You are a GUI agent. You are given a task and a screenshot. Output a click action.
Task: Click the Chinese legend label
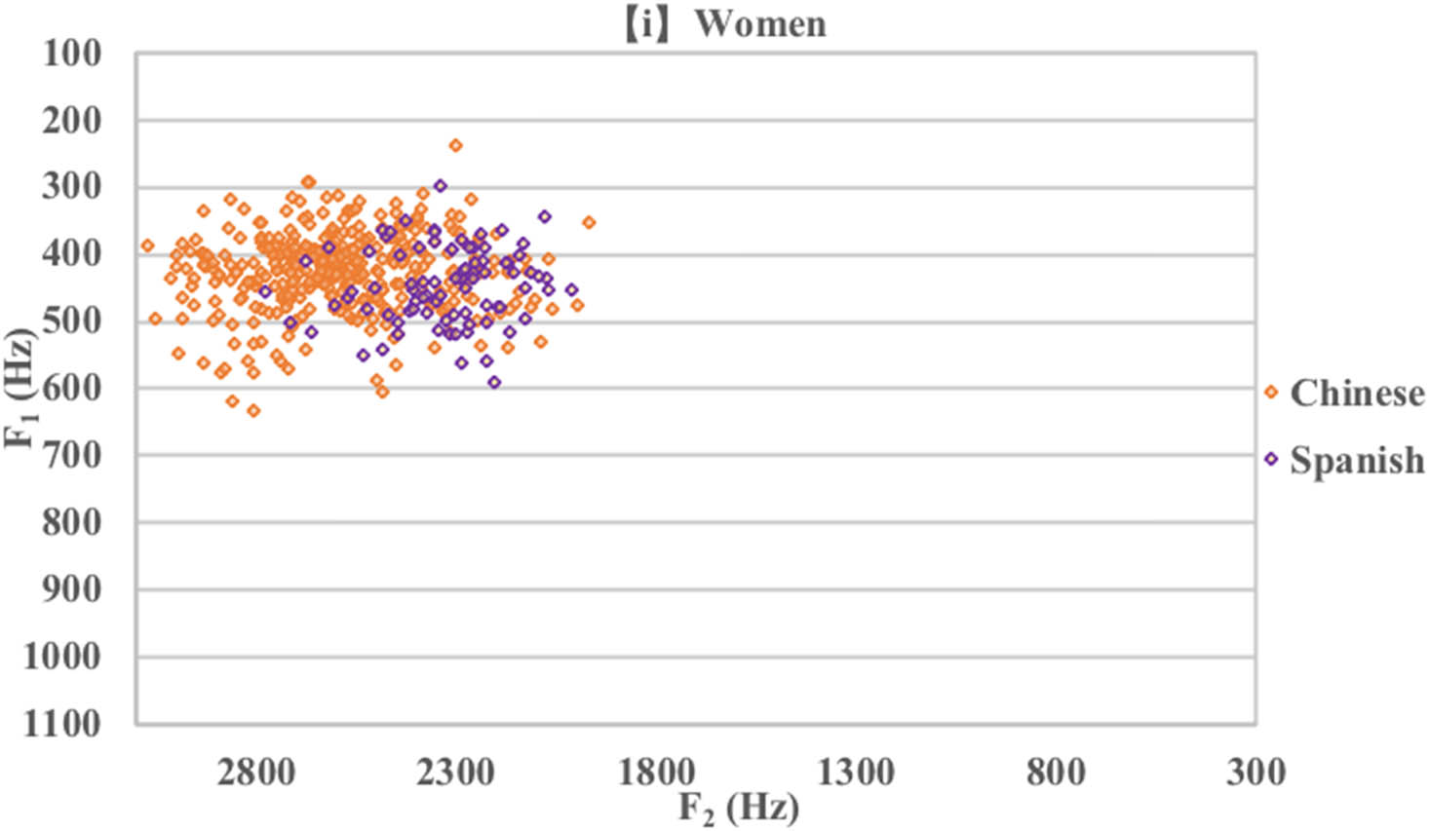click(x=1356, y=393)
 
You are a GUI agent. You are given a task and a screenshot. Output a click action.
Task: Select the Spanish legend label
click(x=1356, y=459)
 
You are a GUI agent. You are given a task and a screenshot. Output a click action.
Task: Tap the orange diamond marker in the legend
click(x=1270, y=393)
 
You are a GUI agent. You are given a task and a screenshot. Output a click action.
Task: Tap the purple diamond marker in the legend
click(x=1270, y=459)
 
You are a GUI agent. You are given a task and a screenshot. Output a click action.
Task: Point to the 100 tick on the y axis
click(x=71, y=54)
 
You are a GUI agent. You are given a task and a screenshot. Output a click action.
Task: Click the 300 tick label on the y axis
click(x=71, y=187)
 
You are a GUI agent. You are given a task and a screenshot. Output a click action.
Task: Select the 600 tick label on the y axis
click(x=71, y=388)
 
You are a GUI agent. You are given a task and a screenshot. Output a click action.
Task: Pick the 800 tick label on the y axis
click(x=71, y=522)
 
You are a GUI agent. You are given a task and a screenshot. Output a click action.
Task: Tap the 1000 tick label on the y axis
click(x=62, y=657)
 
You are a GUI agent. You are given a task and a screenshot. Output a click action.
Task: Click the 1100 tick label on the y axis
click(x=62, y=723)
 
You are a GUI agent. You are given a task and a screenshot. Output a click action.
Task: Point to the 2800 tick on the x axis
click(x=255, y=773)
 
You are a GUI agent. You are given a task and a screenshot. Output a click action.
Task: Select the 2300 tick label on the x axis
click(x=455, y=773)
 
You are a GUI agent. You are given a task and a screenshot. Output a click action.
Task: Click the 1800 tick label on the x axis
click(x=656, y=773)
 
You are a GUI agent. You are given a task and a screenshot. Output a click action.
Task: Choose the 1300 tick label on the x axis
click(x=856, y=773)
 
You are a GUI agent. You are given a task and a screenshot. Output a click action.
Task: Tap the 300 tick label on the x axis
click(x=1255, y=773)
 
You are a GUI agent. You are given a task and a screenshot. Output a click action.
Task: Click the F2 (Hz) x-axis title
click(x=739, y=809)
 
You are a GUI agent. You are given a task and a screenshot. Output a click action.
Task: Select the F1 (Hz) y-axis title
click(x=21, y=388)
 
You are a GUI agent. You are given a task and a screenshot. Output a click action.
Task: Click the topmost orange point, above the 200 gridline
click(x=455, y=145)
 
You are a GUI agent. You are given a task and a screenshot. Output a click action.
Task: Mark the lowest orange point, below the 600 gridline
click(x=253, y=411)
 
